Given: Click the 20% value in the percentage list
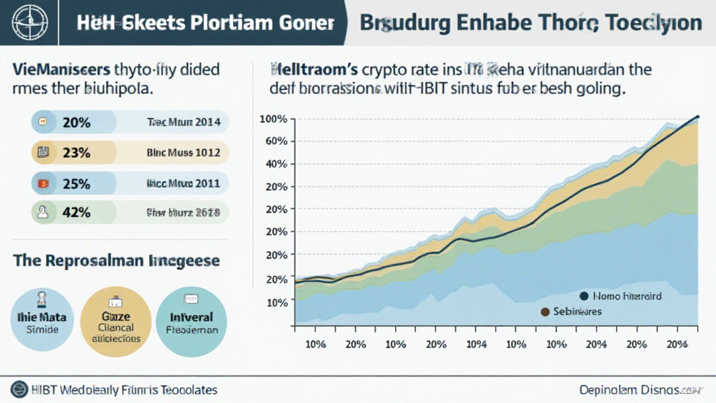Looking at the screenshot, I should coord(76,122).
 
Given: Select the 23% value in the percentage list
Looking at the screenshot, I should coord(76,153).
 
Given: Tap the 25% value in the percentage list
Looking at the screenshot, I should coord(76,183).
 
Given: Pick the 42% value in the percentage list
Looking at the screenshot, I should coord(76,213).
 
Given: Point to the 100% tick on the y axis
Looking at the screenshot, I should coord(273,119).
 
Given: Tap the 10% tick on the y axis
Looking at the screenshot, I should coord(277,302).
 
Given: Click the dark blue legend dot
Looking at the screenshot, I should coord(584,296).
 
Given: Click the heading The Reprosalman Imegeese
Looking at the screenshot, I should coord(117,261).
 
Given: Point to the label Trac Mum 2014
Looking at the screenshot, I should coord(183,122).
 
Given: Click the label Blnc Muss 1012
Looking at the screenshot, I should coord(183,153).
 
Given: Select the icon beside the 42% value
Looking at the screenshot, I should coord(43,213).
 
